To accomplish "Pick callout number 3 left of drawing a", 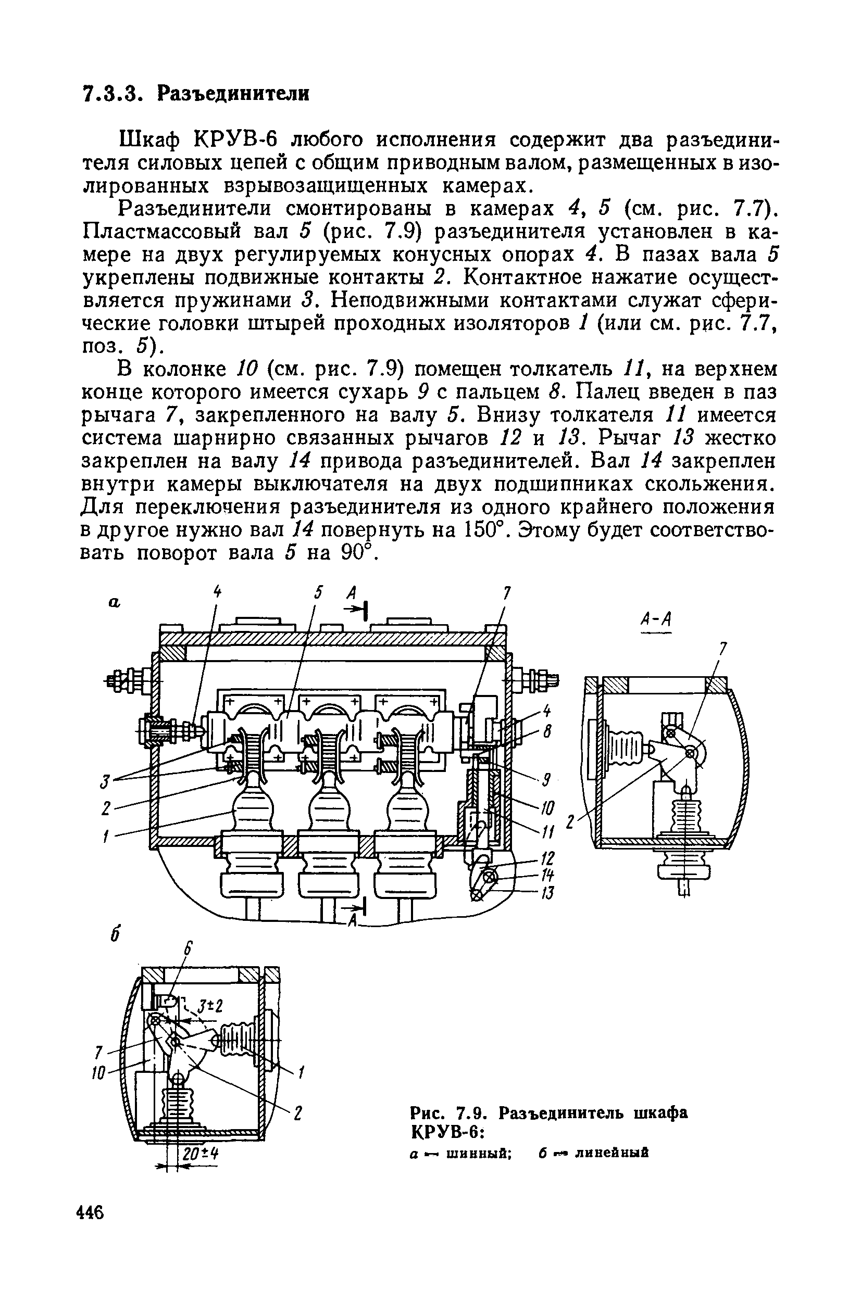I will click(103, 781).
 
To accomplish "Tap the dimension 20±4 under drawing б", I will click(201, 1154).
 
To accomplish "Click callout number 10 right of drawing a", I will click(547, 807).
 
